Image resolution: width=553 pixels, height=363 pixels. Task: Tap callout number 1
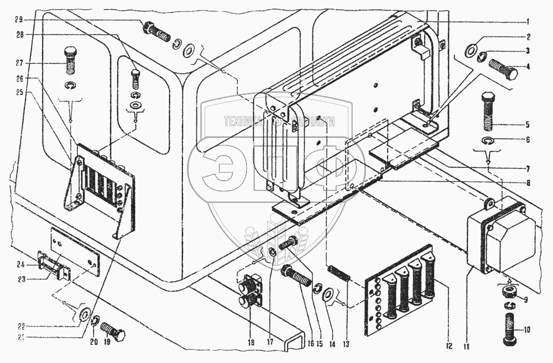(528, 22)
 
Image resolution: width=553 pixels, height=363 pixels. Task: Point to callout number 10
(526, 330)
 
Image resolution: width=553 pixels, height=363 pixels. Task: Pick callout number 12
(448, 346)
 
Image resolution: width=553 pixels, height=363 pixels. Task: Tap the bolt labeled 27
(71, 60)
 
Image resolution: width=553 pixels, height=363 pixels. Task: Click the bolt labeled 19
(114, 334)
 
